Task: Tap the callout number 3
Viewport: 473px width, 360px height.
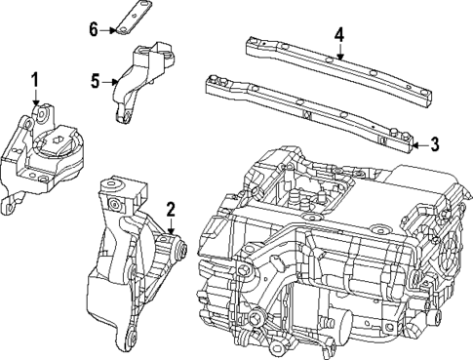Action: point(435,144)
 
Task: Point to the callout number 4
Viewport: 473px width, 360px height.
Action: point(338,35)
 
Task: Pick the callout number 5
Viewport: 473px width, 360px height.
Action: point(96,82)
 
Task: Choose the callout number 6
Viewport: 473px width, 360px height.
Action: point(94,29)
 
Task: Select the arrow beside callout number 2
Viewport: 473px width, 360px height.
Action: point(170,226)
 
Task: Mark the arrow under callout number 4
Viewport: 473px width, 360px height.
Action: point(338,53)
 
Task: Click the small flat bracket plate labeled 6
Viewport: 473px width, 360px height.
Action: point(134,20)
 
